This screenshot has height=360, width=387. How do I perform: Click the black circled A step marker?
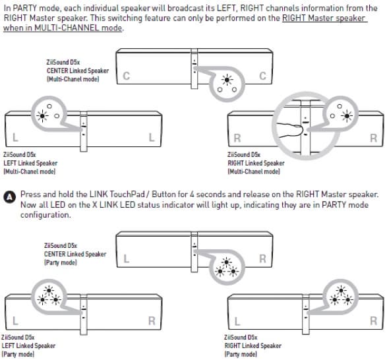pos(10,197)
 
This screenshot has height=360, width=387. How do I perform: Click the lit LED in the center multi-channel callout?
pos(227,80)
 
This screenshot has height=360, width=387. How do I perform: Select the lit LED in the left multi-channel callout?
pos(42,115)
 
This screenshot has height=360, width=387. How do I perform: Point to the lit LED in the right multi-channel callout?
pos(347,116)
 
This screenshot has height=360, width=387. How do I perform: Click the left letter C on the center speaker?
pos(126,76)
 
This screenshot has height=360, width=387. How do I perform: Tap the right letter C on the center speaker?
pos(262,76)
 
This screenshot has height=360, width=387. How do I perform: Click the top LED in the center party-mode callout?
pos(227,262)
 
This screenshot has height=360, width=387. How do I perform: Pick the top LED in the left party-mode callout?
pos(49,290)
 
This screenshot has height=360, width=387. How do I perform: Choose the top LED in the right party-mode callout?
pos(341,290)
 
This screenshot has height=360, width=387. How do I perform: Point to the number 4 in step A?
pos(192,195)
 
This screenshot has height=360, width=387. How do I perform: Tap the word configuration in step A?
pos(45,215)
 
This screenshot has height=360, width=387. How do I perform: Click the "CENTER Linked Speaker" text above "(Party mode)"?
pos(75,254)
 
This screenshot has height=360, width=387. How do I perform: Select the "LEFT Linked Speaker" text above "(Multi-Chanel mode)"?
pos(30,163)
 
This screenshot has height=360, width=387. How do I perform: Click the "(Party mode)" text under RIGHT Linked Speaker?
pos(241,354)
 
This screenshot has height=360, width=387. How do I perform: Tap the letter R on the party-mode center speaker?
pos(262,258)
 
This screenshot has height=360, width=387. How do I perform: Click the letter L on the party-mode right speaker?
pos(237,322)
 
